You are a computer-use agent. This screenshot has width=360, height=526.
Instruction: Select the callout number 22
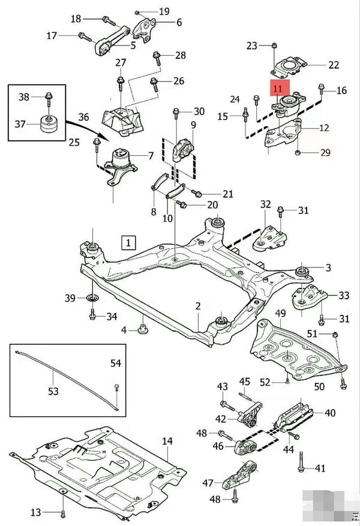click(x=334, y=65)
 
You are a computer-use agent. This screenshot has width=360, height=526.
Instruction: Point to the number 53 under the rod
click(x=53, y=391)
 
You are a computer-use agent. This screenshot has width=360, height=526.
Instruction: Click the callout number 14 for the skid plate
click(x=167, y=441)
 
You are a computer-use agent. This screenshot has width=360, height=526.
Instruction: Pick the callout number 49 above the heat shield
click(x=281, y=314)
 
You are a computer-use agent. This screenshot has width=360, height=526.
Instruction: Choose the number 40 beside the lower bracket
click(x=330, y=413)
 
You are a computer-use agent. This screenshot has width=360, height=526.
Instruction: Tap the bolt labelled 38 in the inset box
click(x=47, y=97)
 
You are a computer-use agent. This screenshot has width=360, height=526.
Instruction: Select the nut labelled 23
click(x=274, y=45)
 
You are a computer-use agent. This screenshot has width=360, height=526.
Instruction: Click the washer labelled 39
click(x=92, y=298)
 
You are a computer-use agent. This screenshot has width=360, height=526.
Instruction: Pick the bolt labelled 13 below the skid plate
click(x=62, y=512)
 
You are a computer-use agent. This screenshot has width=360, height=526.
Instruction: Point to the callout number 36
click(x=83, y=117)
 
